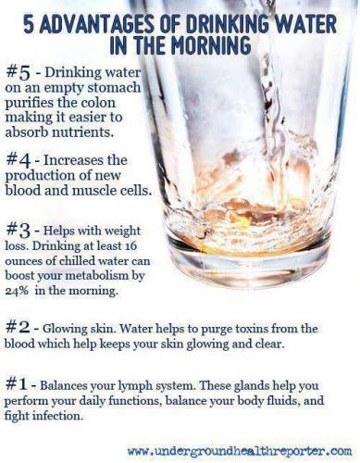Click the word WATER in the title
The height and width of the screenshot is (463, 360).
304,25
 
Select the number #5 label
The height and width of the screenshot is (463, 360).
19,73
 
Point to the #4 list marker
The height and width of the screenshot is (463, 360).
19,161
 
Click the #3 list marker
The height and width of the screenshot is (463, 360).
19,231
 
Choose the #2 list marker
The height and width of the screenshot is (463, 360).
19,328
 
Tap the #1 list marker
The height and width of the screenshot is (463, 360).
18,384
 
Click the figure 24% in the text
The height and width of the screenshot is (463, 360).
17,291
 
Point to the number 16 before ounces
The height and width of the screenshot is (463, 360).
130,246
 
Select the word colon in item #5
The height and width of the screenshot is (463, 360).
98,103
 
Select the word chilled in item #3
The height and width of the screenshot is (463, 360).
76,261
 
